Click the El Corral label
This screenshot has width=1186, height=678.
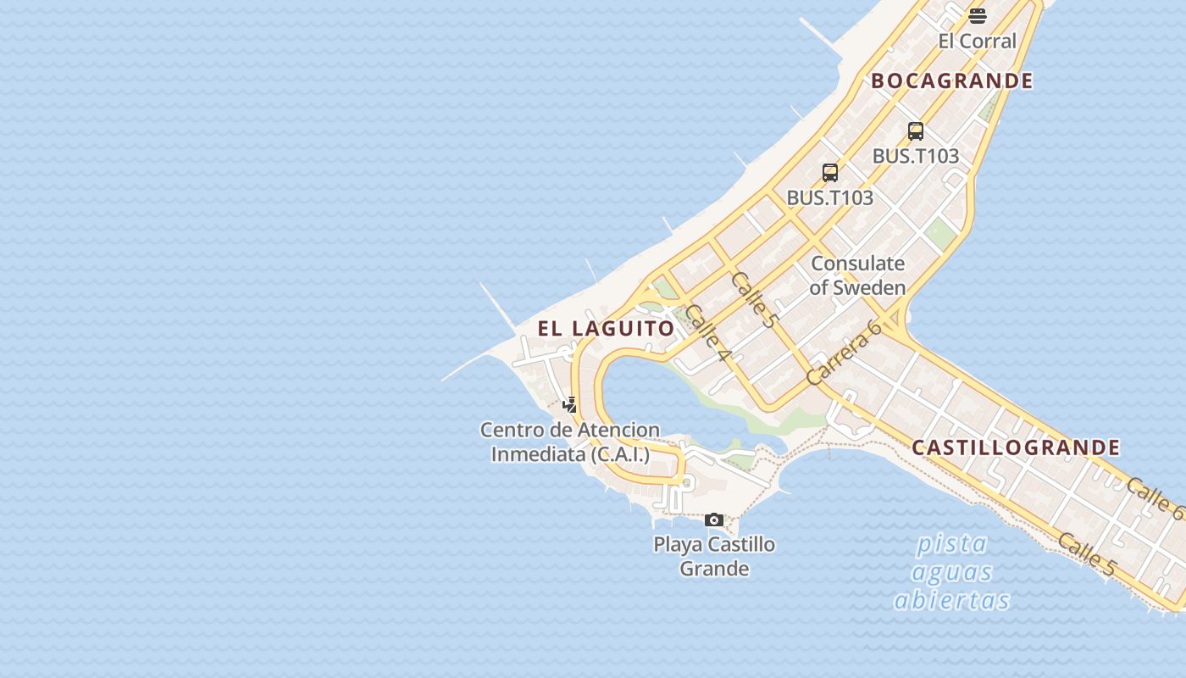click(x=977, y=41)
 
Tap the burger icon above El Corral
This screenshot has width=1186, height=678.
click(x=978, y=15)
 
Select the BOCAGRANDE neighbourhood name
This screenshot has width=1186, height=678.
click(x=952, y=81)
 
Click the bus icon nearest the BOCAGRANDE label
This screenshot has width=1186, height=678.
click(x=916, y=131)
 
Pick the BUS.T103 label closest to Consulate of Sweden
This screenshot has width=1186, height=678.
click(x=829, y=197)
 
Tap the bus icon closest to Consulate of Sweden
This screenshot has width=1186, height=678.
click(x=830, y=173)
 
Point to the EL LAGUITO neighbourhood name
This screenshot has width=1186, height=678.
click(x=607, y=328)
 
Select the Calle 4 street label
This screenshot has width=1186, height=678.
click(x=707, y=333)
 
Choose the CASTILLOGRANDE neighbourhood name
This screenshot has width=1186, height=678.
click(x=1016, y=447)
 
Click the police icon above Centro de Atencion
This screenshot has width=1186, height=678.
click(x=570, y=404)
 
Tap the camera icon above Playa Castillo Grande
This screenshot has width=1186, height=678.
click(x=714, y=520)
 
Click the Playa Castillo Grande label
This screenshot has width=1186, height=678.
click(x=714, y=556)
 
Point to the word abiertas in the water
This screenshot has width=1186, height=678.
click(x=952, y=601)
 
